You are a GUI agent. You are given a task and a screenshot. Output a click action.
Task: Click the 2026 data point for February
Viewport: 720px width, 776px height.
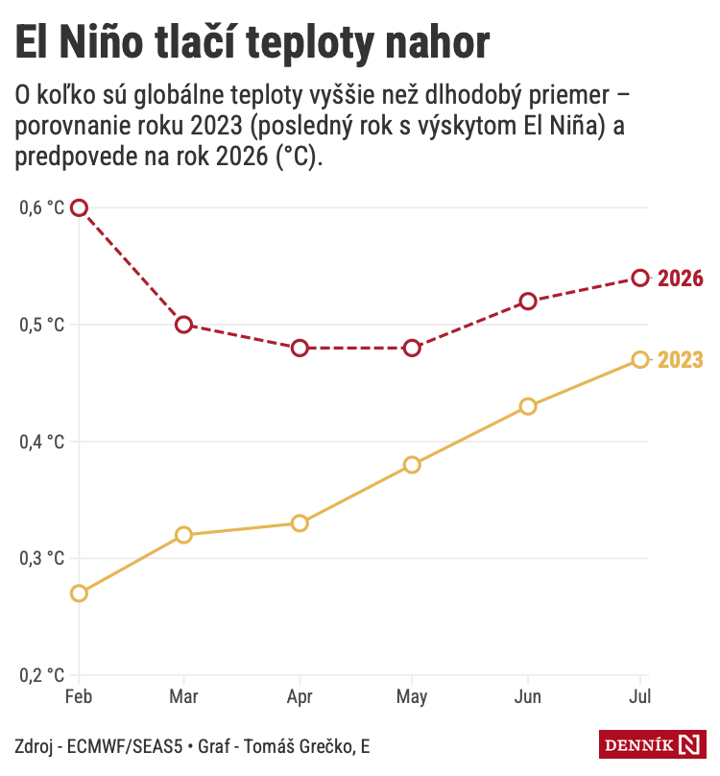(x=80, y=207)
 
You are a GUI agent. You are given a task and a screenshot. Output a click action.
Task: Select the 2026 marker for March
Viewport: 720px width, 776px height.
(x=183, y=325)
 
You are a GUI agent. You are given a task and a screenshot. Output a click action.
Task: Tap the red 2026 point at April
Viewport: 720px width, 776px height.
(x=300, y=348)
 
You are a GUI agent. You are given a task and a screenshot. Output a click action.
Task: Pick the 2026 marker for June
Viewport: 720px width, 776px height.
(x=527, y=302)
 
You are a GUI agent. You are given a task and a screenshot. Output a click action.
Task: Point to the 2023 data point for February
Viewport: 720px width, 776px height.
(x=80, y=594)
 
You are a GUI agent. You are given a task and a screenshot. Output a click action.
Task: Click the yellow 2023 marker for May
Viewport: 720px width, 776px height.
(x=412, y=465)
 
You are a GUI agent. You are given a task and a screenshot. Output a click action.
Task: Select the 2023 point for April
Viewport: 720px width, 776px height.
(x=300, y=523)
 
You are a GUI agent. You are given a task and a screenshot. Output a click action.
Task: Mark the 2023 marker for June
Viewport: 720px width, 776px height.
(x=527, y=406)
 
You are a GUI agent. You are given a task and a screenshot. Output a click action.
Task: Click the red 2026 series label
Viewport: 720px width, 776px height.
(x=681, y=279)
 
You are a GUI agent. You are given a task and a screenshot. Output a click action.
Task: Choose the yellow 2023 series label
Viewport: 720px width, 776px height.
(x=681, y=360)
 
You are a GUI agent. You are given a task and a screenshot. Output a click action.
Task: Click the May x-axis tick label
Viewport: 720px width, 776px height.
(x=412, y=697)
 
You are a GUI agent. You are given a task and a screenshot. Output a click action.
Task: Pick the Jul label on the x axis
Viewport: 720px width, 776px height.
(x=639, y=697)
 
